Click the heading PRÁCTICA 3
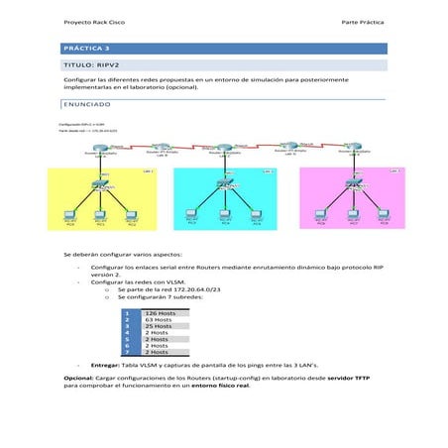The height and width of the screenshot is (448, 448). (x=86, y=48)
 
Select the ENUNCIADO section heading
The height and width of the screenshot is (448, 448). (x=86, y=103)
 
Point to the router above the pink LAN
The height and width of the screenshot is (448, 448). (x=353, y=148)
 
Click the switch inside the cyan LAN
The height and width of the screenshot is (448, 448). (x=227, y=187)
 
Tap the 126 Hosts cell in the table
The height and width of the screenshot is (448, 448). (x=160, y=312)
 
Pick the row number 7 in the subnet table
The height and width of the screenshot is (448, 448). (x=128, y=352)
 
